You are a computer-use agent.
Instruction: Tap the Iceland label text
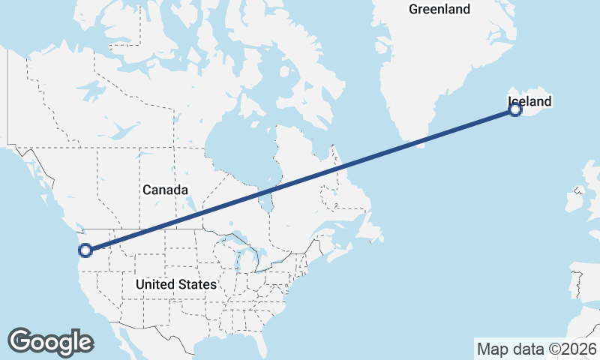pos(529,101)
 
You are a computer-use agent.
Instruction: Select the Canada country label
pos(165,190)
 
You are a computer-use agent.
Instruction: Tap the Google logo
pos(50,342)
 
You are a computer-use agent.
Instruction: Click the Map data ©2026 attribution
pos(536,349)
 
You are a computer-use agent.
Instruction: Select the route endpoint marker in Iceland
pos(515,110)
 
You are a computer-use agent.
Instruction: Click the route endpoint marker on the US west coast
pos(85,250)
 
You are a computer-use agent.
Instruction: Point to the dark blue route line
pos(300,180)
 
